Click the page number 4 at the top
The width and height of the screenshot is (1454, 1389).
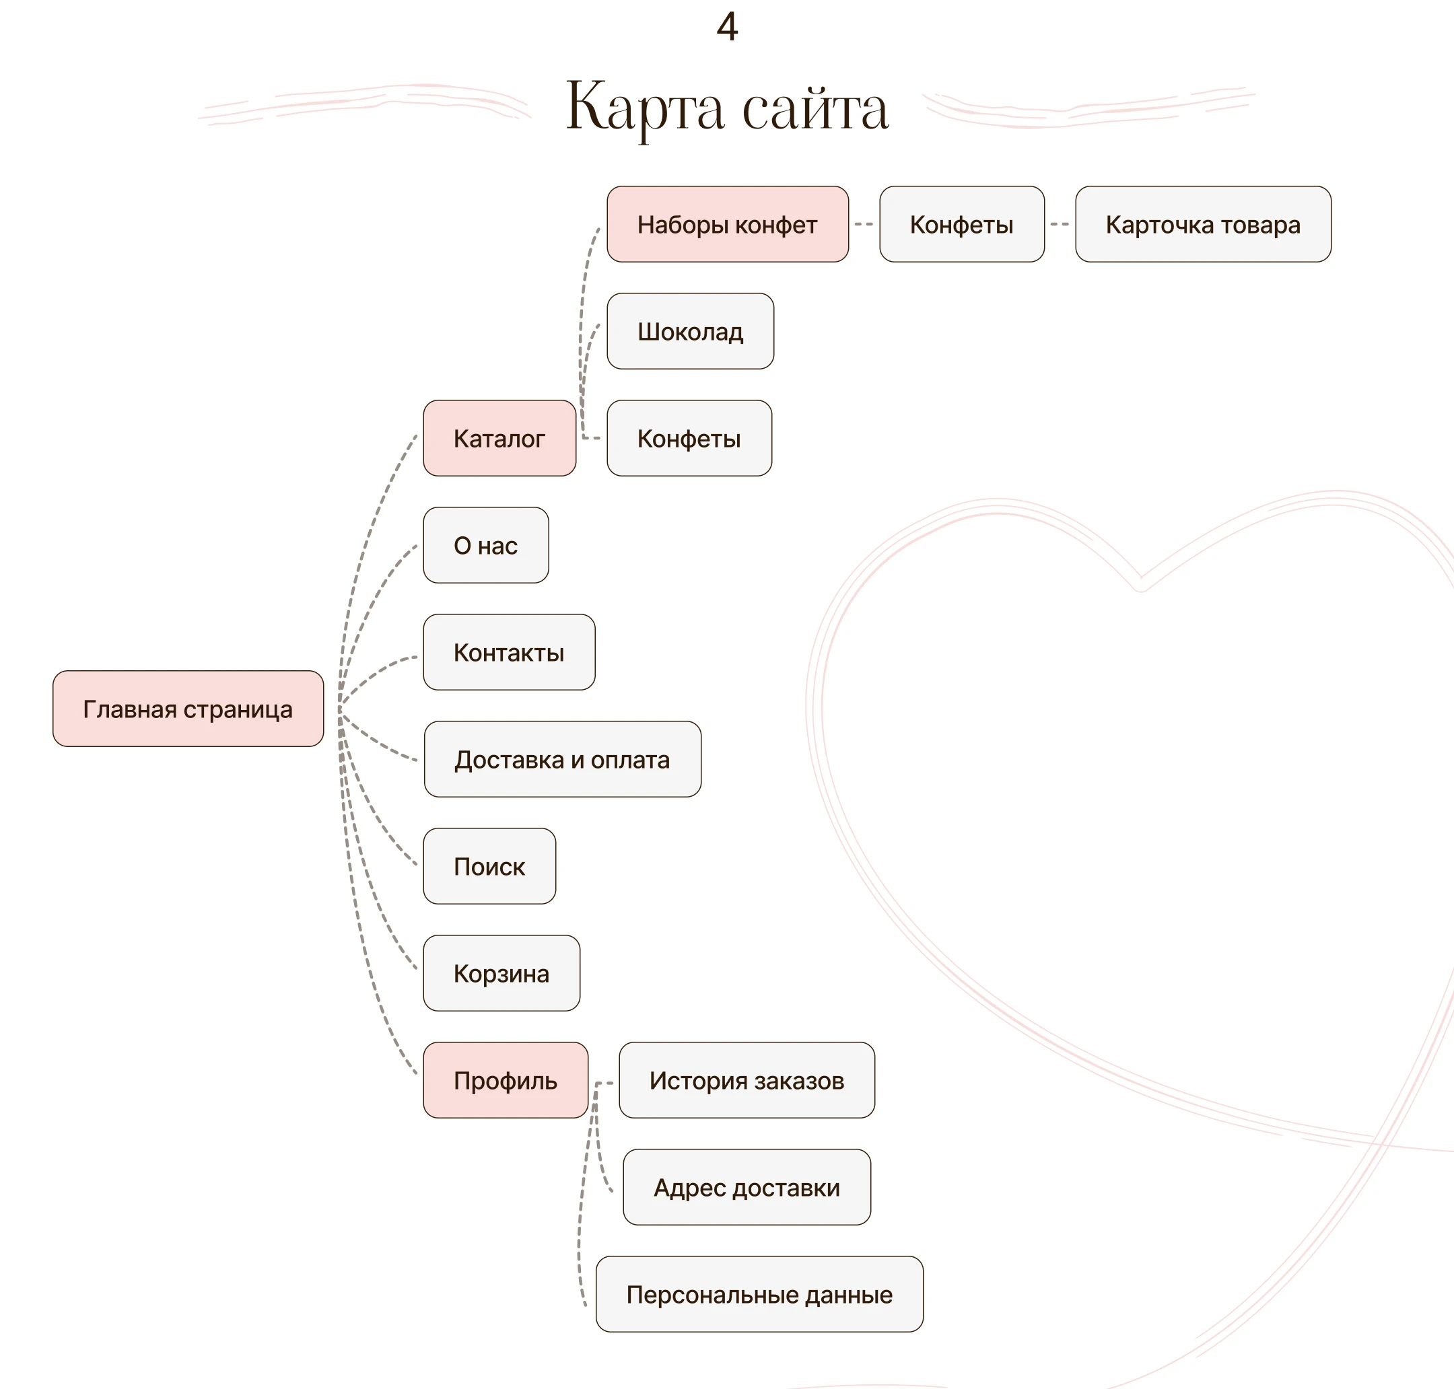726,28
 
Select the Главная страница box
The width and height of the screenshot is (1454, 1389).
188,709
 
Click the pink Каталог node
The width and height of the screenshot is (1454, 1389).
499,438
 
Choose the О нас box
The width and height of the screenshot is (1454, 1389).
486,545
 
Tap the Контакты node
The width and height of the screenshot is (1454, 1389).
509,652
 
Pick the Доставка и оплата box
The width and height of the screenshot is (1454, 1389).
562,759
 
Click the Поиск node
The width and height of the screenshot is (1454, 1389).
489,866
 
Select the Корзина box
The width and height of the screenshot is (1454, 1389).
501,973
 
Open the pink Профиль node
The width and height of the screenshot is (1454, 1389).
505,1080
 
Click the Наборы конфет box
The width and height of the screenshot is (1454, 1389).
728,224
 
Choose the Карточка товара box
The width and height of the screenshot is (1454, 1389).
1203,224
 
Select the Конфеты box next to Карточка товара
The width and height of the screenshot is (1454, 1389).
961,224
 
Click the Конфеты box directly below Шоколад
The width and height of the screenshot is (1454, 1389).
689,438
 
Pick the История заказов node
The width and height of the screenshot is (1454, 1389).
747,1080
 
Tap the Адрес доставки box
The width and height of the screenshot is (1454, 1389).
747,1187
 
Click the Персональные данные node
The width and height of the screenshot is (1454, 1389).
759,1294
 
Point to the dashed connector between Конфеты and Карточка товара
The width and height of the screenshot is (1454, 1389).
1060,224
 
